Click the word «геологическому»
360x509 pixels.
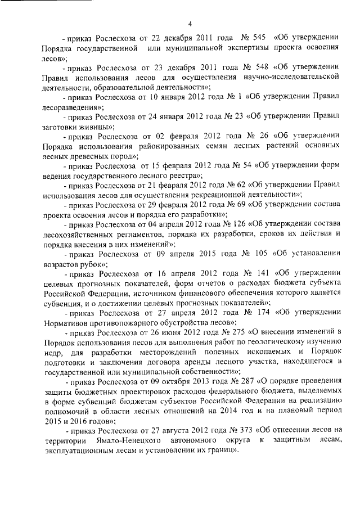pos(288,342)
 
